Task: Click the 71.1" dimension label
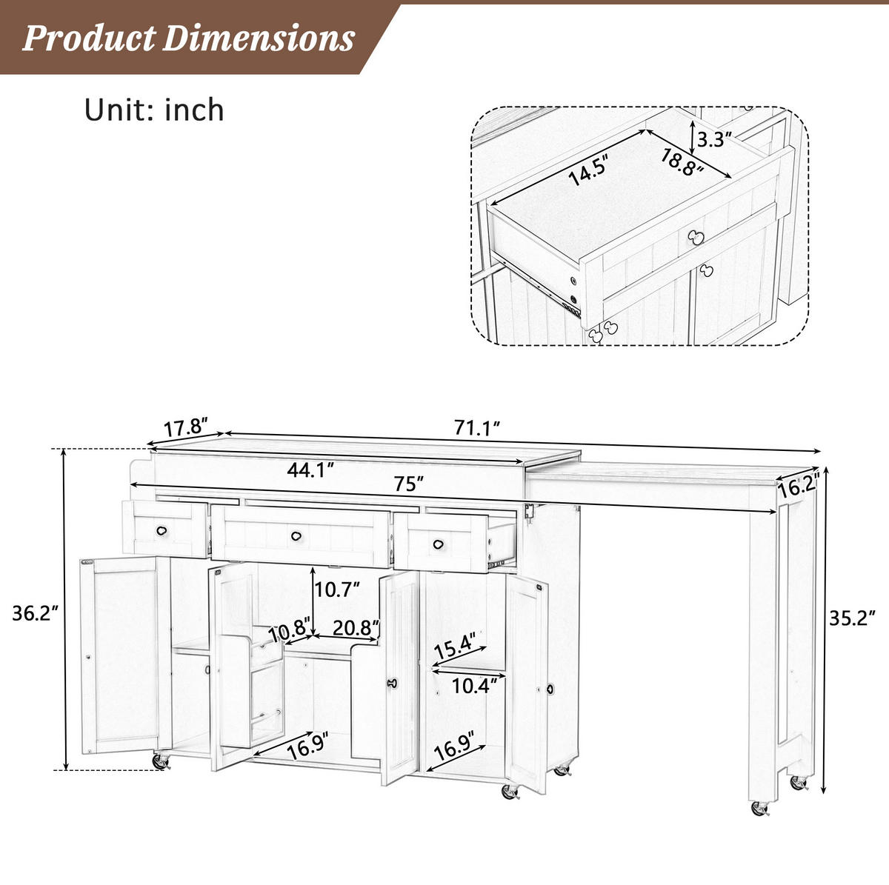(477, 427)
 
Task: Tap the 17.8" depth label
(187, 427)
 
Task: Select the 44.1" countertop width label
(310, 470)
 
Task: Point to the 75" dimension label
(408, 484)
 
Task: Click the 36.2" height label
(36, 613)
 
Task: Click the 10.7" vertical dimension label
(337, 590)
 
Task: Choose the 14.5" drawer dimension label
(589, 170)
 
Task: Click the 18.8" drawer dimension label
(682, 162)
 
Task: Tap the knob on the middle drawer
(296, 536)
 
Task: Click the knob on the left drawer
(162, 530)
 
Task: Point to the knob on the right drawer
(439, 544)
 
